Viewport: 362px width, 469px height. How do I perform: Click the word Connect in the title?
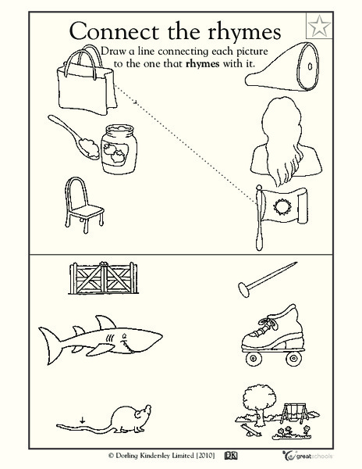(119, 32)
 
